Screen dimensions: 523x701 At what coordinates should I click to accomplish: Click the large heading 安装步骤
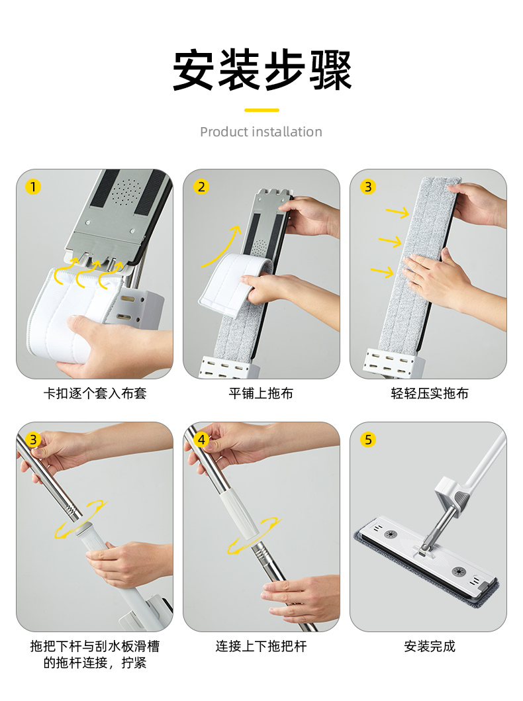[262, 70]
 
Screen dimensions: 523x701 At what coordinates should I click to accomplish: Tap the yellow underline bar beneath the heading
[261, 110]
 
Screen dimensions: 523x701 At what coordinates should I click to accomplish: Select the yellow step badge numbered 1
[33, 187]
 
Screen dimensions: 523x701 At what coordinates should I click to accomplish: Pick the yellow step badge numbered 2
[201, 187]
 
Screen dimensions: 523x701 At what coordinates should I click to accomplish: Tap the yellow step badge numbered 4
[201, 440]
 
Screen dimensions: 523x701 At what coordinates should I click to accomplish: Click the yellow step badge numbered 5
[368, 440]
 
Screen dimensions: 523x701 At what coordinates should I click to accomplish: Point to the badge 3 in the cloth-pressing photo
[368, 187]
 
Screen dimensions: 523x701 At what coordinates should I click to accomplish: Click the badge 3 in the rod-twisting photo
[33, 440]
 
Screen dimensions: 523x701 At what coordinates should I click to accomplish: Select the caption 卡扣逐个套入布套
[95, 393]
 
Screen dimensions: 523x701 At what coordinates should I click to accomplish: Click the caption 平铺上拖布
[261, 393]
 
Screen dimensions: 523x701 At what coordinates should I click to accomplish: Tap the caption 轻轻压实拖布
[429, 393]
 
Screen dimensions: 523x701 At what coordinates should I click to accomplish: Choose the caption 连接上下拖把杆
[261, 646]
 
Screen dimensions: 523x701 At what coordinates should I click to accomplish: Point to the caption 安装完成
[429, 646]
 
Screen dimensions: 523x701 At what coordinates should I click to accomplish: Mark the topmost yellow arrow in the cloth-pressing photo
[398, 212]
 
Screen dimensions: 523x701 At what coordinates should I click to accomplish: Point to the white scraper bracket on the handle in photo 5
[452, 494]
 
